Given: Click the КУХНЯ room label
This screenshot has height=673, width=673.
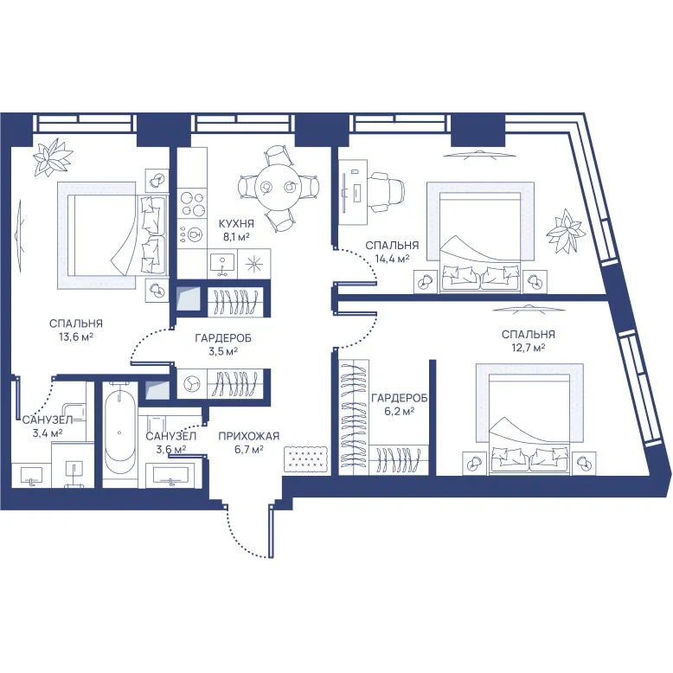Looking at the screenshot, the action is [236, 224].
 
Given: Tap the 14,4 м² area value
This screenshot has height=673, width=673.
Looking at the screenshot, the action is [392, 259].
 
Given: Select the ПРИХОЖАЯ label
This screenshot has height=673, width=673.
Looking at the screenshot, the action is [249, 437].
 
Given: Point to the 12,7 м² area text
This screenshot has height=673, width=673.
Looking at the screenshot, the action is [528, 347].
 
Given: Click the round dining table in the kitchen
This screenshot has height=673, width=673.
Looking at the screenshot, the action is [279, 187].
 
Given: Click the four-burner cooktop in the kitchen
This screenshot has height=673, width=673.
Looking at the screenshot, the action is [192, 204].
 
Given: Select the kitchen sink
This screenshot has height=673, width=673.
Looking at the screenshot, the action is [222, 264].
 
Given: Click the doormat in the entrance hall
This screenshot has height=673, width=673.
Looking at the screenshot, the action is [306, 458].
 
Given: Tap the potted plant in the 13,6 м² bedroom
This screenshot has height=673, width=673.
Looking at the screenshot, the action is [54, 157].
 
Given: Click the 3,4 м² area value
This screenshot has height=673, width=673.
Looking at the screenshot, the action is [48, 433].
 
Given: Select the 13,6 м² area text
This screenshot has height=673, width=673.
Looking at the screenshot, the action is [76, 337].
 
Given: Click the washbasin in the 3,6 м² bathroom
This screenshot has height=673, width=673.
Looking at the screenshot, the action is [171, 475].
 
